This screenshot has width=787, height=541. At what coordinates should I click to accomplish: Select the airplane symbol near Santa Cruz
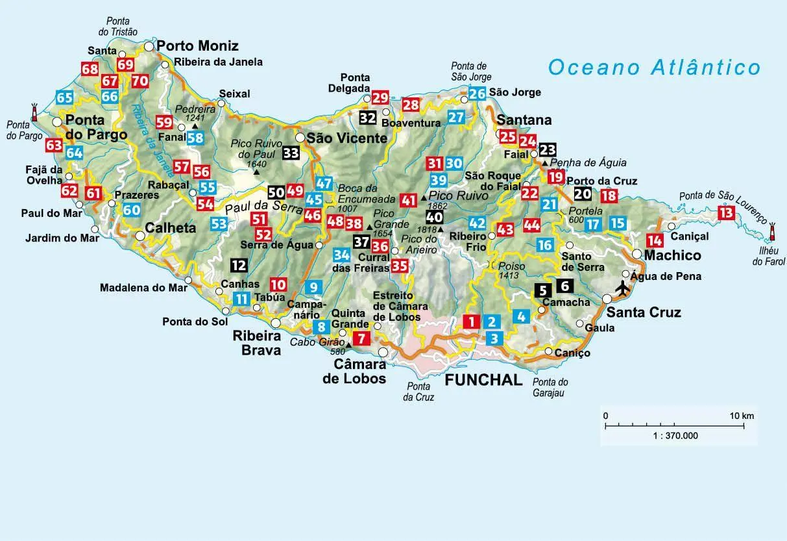(x=623, y=286)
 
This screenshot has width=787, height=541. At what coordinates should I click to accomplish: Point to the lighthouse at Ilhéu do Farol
(x=772, y=233)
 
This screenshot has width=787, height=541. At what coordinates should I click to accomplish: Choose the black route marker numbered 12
(x=239, y=265)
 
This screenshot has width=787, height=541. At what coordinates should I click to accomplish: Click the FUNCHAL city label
(x=483, y=380)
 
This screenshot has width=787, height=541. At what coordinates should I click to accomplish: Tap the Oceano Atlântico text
(x=653, y=68)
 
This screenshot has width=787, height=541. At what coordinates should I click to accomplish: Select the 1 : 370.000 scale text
(x=675, y=436)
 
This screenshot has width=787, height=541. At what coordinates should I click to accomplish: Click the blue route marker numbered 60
(x=132, y=210)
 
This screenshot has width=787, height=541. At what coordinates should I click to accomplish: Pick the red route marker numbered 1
(x=472, y=320)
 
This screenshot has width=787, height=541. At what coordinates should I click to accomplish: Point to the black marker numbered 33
(x=291, y=153)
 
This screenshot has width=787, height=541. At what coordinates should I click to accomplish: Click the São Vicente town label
(x=346, y=138)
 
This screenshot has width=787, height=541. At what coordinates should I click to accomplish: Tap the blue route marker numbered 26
(x=478, y=94)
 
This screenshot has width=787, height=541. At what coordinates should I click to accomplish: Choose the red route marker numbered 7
(x=361, y=337)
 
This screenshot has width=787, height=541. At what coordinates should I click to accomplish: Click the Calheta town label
(x=171, y=229)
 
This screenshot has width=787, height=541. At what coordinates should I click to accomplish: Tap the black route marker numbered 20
(x=583, y=193)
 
